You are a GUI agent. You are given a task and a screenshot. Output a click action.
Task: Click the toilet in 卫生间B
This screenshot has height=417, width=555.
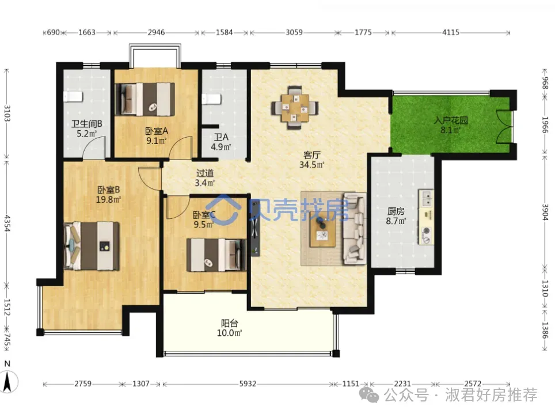pos(73,96)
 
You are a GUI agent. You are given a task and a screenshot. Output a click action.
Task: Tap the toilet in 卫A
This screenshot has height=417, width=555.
pos(211,99)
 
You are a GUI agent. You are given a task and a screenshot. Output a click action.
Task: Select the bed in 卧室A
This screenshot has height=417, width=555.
pos(145,99)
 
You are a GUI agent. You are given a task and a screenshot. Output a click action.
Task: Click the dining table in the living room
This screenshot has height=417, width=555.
pos(295,107)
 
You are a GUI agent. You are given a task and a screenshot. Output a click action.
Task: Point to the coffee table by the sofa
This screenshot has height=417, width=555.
pos(322,229)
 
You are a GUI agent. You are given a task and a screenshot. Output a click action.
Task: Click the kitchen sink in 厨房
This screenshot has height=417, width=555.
pos(426,198)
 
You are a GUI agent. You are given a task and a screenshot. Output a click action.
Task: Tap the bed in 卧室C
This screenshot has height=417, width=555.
pos(216,255)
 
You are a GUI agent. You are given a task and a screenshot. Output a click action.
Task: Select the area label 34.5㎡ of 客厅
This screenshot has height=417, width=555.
pos(312,165)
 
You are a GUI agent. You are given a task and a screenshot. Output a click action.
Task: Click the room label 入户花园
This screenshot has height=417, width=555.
pos(451,120)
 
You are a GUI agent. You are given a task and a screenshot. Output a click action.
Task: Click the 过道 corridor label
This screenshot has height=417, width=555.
pos(205,173)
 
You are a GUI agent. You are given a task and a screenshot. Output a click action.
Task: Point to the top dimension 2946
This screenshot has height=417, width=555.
pos(156,32)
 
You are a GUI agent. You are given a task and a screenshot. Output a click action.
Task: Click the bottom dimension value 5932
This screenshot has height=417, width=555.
pos(248,384)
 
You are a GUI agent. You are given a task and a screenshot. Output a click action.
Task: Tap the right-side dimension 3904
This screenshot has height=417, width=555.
pos(545,212)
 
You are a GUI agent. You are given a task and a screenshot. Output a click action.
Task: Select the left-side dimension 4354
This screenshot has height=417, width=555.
pos(7,223)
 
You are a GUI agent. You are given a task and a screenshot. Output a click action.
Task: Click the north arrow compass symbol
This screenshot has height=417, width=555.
pos(7,382)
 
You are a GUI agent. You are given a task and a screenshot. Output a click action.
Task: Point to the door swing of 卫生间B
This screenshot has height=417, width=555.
pos(94,147)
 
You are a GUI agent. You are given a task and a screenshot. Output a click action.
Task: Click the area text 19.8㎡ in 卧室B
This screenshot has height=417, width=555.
pos(109,200)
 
